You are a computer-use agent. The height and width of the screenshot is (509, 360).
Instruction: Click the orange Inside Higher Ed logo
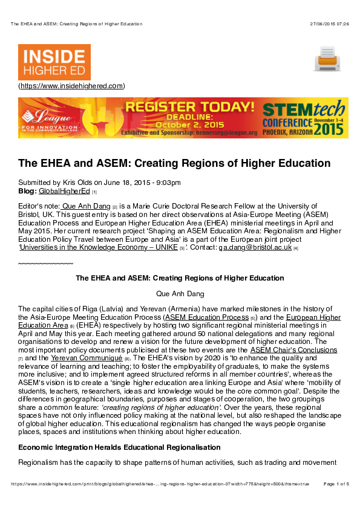pyautogui.click(x=54, y=62)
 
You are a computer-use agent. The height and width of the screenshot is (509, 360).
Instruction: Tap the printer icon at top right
pyautogui.click(x=327, y=59)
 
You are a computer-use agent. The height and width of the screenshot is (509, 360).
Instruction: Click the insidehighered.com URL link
pyautogui.click(x=71, y=86)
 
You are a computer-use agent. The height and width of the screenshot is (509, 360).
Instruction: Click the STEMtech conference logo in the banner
pyautogui.click(x=304, y=118)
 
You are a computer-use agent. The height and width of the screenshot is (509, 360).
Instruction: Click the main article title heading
pyautogui.click(x=174, y=163)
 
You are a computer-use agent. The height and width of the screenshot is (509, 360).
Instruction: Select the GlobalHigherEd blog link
pyautogui.click(x=64, y=191)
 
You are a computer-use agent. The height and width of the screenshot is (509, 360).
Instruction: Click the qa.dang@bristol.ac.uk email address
pyautogui.click(x=255, y=247)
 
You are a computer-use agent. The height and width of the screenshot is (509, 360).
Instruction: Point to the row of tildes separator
pyautogui.click(x=46, y=264)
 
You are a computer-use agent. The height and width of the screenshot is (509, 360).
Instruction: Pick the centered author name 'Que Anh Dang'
pyautogui.click(x=180, y=294)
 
